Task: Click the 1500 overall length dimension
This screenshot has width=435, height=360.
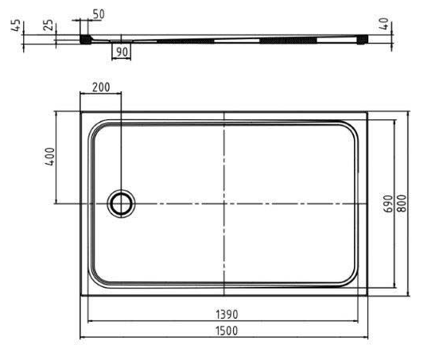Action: pos(227,331)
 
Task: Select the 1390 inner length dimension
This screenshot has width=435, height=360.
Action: pos(227,315)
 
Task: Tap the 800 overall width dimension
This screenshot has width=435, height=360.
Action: pos(402,203)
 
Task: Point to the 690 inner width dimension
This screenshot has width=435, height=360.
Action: pos(388,204)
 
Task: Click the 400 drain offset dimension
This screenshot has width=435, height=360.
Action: pos(50,157)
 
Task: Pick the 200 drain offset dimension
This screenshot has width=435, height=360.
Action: pos(101,87)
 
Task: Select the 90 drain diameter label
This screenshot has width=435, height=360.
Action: pos(122,52)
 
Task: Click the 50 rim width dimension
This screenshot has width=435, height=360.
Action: pos(99,14)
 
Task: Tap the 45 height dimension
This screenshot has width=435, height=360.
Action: pos(16,25)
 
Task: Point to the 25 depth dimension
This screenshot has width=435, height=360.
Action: pos(49,25)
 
